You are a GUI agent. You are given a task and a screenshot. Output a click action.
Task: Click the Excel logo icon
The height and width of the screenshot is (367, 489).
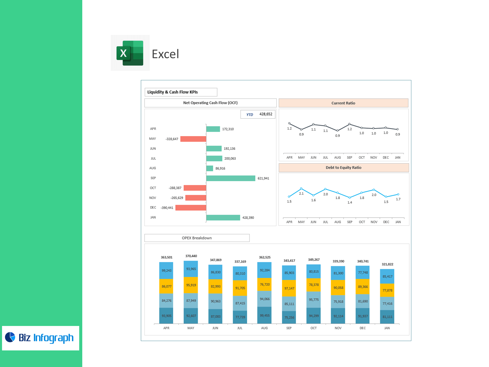(x=130, y=53)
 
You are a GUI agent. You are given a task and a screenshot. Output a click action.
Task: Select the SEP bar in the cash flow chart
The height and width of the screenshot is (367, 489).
(x=230, y=178)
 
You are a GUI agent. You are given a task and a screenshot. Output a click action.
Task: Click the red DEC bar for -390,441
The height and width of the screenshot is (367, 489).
(x=191, y=208)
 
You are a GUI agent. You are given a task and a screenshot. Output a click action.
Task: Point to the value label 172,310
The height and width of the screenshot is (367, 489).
(x=228, y=129)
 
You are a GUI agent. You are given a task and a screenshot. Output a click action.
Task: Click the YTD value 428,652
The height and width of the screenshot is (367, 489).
(x=266, y=114)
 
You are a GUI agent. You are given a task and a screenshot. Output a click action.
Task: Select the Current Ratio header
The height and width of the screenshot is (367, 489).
(x=343, y=103)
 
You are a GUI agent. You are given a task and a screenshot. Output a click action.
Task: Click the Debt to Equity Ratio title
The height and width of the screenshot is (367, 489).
(x=343, y=167)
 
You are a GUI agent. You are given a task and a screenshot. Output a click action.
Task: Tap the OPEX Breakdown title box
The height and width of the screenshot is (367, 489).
(x=197, y=238)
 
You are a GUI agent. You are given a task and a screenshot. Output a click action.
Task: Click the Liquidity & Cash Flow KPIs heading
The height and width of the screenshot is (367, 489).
(x=172, y=92)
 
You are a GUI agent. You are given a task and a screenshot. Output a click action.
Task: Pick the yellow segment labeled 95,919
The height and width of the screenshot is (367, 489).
(x=191, y=285)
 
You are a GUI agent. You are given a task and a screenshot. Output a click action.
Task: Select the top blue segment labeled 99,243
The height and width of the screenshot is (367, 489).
(x=166, y=270)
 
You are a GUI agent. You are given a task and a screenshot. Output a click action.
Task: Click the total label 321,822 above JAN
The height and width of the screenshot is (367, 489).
(x=387, y=264)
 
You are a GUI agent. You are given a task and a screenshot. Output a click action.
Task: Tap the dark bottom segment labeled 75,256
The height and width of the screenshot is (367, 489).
(x=289, y=317)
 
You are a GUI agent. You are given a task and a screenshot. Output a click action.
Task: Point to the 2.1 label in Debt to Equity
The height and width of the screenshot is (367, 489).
(x=301, y=194)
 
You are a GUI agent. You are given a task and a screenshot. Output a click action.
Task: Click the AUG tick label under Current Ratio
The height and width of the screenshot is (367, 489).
(x=337, y=158)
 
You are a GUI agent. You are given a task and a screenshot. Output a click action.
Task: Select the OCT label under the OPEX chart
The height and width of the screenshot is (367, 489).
(x=314, y=328)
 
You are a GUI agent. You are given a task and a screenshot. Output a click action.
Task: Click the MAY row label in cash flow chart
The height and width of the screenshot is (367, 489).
(x=153, y=139)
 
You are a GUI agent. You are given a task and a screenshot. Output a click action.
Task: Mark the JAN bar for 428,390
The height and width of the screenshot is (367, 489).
(x=223, y=217)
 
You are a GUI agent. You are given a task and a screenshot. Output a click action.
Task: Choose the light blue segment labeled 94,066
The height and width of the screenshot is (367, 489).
(x=265, y=299)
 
